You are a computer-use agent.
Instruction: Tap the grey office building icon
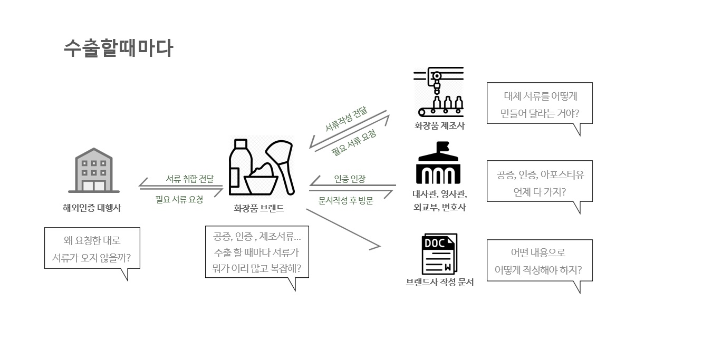coord(94,170)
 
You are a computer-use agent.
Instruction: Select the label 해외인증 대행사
coord(92,208)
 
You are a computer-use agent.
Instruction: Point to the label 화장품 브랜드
coord(259,208)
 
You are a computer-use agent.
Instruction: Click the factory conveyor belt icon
coord(438,92)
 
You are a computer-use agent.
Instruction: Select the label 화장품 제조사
coord(439,125)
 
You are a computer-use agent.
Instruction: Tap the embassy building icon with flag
coord(438,163)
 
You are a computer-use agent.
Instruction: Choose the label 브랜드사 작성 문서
coord(439,283)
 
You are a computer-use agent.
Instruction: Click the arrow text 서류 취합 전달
coord(189,179)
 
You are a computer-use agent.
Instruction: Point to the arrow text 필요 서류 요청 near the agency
coord(179,199)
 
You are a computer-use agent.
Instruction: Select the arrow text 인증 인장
coord(349,179)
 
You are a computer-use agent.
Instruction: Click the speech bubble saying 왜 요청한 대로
coord(92,248)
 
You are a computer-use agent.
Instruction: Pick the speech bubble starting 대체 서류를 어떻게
coord(539,103)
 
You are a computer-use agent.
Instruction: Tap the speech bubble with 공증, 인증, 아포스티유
coord(539,181)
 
